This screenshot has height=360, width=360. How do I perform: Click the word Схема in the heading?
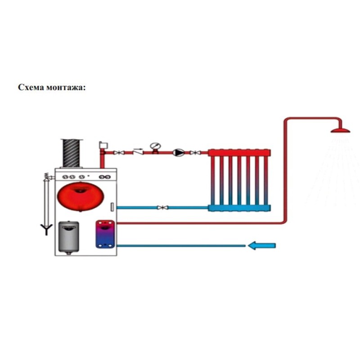click(x=30, y=87)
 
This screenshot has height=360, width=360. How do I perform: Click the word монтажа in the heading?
click(x=64, y=87)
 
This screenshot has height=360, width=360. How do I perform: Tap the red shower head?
click(x=341, y=130)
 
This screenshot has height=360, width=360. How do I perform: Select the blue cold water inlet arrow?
click(x=261, y=245)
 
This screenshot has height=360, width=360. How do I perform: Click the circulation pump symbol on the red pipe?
click(x=178, y=153)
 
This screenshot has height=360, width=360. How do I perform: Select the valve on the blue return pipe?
click(x=162, y=207)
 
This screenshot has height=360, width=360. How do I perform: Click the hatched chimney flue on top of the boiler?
click(x=72, y=153)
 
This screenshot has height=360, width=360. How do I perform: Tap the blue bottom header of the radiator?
click(x=239, y=207)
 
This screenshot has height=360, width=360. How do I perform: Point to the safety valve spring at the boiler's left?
click(x=46, y=177)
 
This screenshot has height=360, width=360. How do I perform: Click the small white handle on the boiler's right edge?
click(x=112, y=207)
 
